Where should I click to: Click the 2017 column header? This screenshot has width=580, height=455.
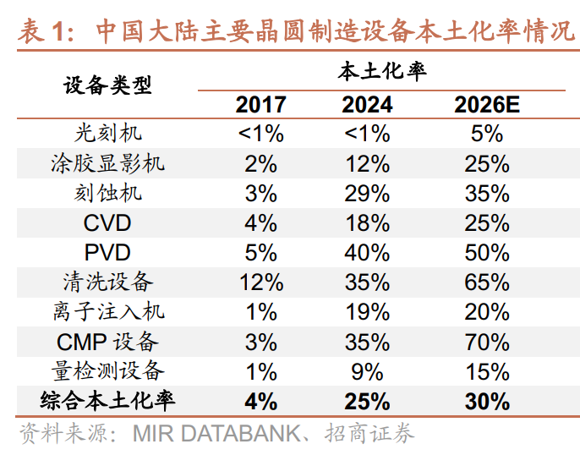click(x=260, y=104)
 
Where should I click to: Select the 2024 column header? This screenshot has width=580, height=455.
click(x=367, y=104)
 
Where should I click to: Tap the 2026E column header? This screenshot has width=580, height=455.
click(x=486, y=104)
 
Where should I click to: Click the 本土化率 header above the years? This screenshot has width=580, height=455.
click(x=382, y=71)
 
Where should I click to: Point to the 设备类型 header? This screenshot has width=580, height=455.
click(x=107, y=85)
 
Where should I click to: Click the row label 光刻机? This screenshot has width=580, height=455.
click(x=107, y=134)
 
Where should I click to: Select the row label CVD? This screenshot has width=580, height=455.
click(x=107, y=222)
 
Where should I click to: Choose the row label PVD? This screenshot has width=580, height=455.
click(x=107, y=252)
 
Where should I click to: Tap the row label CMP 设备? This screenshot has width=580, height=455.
click(x=107, y=341)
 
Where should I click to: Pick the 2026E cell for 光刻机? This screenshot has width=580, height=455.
click(x=486, y=134)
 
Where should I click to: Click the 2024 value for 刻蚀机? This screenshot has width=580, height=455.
click(x=367, y=193)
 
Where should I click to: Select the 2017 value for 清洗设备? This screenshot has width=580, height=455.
click(x=260, y=282)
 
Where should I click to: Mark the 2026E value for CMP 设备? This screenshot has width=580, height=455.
click(x=486, y=341)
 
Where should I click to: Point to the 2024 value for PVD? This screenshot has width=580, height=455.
click(x=367, y=252)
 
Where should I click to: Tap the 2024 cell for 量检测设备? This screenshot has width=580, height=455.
click(x=367, y=370)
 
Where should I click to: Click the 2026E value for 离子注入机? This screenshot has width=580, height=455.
click(x=486, y=311)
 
